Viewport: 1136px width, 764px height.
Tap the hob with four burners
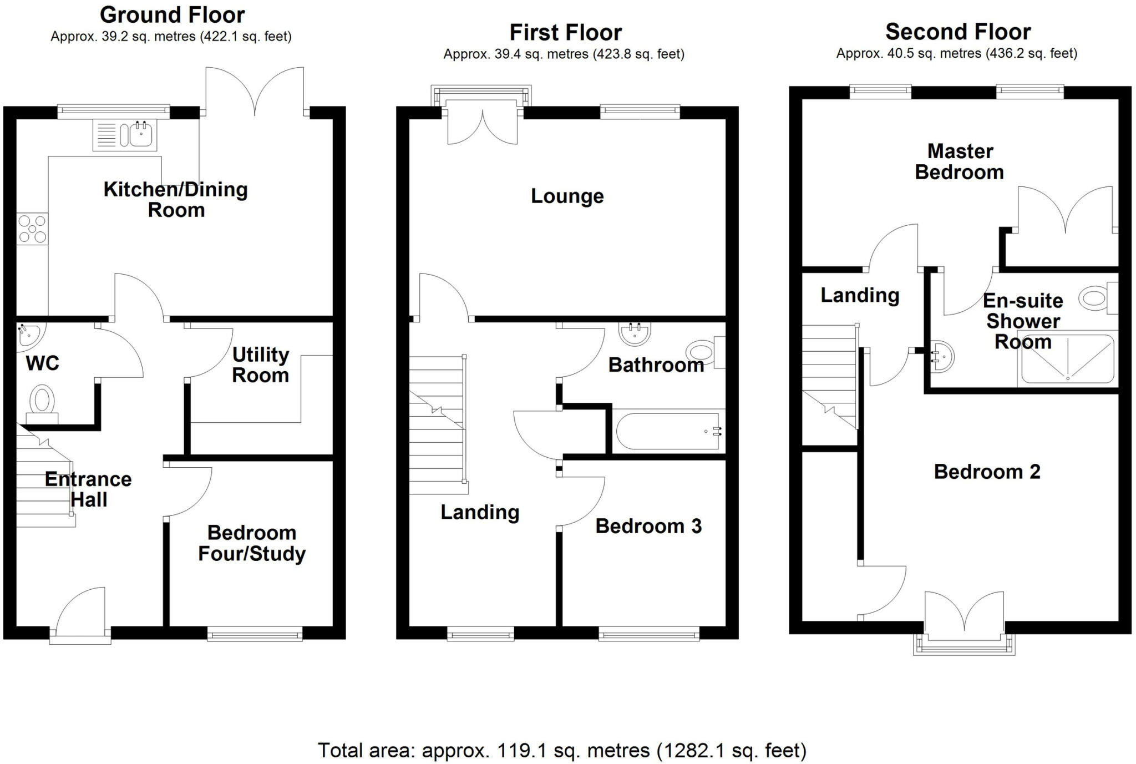tap(32, 229)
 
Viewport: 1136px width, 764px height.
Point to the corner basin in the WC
tap(28, 335)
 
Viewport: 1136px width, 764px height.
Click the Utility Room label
tap(260, 365)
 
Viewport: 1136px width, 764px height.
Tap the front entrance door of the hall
tap(81, 613)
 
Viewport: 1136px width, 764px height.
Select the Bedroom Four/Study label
tap(252, 543)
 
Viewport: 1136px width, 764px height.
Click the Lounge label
tap(567, 196)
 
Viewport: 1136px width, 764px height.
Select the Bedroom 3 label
tap(648, 525)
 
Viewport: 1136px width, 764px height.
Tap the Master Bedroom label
tap(959, 161)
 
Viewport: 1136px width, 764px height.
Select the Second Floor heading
tap(957, 32)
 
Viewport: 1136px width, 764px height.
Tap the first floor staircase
tap(437, 424)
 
